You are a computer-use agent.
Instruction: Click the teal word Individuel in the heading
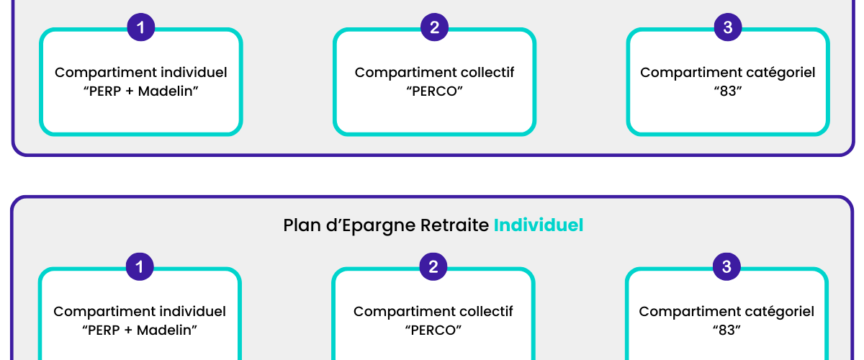(539, 225)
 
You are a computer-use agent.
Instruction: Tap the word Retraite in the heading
(454, 225)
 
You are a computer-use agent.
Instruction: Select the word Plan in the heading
(302, 225)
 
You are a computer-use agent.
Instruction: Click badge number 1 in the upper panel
(141, 27)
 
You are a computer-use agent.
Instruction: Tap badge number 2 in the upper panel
(434, 27)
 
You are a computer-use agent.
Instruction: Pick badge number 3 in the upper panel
(728, 27)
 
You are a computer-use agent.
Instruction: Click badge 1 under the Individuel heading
(140, 266)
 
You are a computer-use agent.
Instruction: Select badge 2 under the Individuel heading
(433, 266)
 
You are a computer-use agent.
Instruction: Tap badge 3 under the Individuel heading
(726, 266)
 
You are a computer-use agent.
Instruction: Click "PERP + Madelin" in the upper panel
(141, 91)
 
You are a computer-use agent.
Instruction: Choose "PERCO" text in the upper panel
(434, 91)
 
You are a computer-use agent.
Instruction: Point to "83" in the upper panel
(728, 91)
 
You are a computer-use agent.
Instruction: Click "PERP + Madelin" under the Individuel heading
(140, 330)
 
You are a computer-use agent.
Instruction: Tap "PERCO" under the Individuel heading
(433, 330)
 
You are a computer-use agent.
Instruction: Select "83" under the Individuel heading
(726, 330)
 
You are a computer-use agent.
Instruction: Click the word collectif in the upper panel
(485, 72)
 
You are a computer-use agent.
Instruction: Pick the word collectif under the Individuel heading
(485, 311)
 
